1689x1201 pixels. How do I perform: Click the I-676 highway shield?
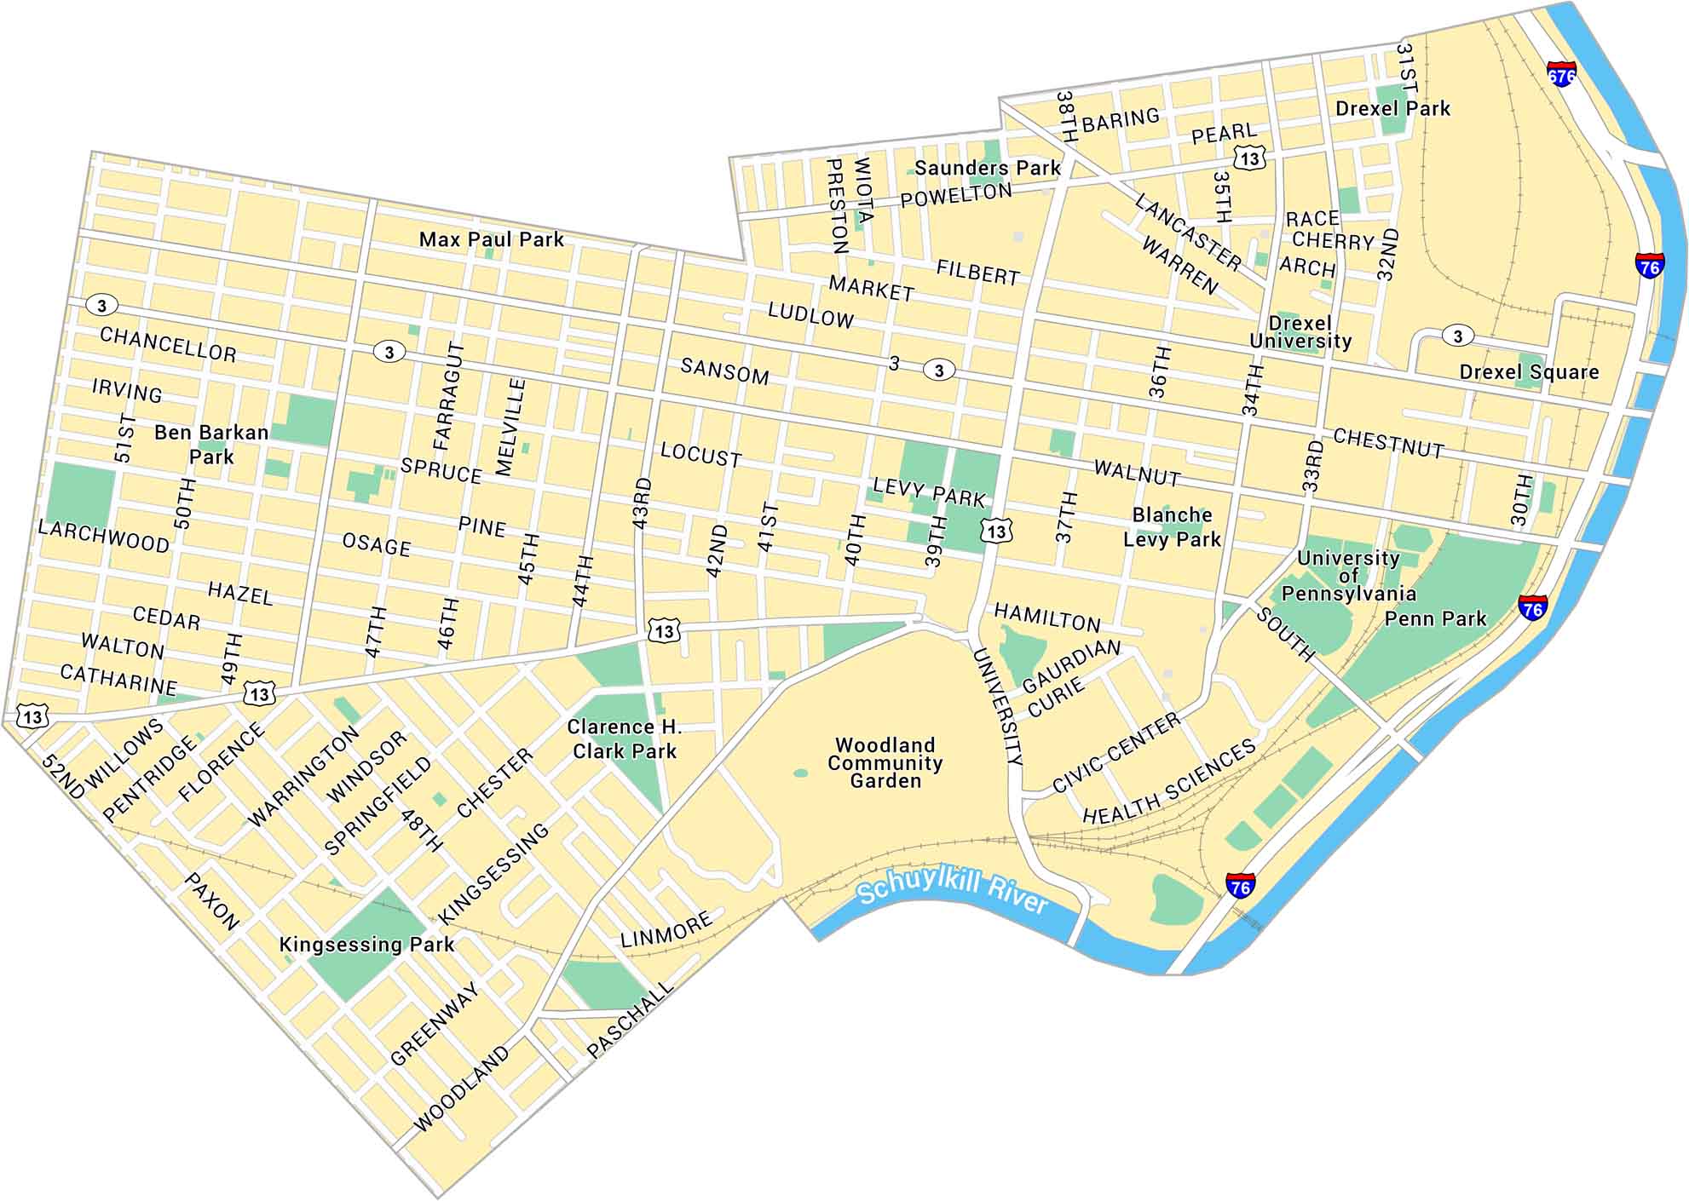tap(1561, 74)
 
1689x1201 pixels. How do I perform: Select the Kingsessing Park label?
tap(366, 945)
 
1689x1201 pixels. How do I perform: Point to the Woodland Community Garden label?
tap(885, 763)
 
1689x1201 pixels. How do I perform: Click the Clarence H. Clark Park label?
tap(625, 739)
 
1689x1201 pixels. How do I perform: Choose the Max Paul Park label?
tap(491, 240)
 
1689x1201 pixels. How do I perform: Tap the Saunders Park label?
tap(988, 169)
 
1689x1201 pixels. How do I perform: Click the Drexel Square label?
tap(1529, 372)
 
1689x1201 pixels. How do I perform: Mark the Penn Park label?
tap(1435, 619)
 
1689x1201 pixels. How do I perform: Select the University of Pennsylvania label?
tap(1348, 576)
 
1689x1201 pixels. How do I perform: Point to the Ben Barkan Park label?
tap(211, 445)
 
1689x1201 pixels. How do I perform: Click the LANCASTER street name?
tap(1188, 232)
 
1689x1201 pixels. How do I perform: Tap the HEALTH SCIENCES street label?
tap(1169, 782)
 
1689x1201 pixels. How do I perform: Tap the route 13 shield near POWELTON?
tap(1249, 158)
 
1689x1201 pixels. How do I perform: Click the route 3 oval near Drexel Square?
tap(1457, 336)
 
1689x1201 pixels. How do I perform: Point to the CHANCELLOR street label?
tap(168, 344)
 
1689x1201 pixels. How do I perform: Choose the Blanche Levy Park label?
tap(1172, 527)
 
